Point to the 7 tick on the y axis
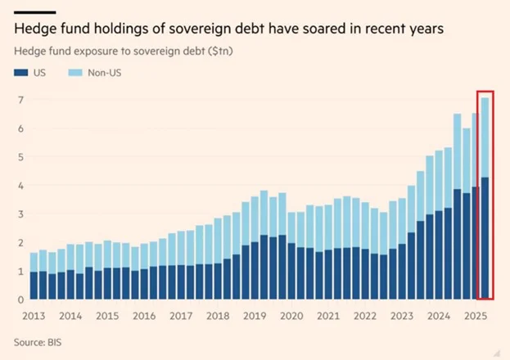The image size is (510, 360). click(x=20, y=100)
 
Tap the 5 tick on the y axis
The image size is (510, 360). click(x=20, y=157)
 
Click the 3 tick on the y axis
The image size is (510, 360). click(x=20, y=214)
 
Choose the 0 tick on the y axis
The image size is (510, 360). click(x=20, y=299)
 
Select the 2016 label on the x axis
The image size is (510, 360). click(x=143, y=315)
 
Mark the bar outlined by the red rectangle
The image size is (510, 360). click(x=485, y=196)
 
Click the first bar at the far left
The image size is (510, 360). click(x=34, y=276)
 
